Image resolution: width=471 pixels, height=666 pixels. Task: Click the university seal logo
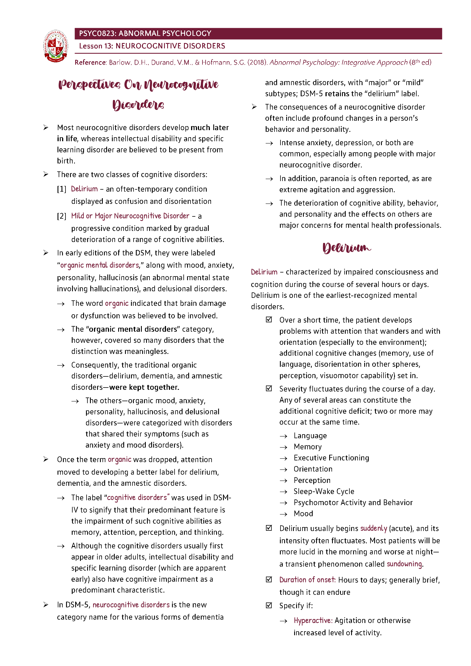click(x=56, y=46)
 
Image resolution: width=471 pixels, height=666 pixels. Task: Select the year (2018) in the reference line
click(x=257, y=63)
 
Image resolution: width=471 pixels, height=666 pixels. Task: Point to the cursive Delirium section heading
click(x=346, y=248)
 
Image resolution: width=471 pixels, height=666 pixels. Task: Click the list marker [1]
click(x=62, y=189)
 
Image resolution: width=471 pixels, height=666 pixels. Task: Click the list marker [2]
click(x=62, y=216)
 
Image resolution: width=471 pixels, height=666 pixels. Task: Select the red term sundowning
click(x=404, y=564)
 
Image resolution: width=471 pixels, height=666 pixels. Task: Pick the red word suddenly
click(x=374, y=528)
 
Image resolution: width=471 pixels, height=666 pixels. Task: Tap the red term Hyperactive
click(x=313, y=620)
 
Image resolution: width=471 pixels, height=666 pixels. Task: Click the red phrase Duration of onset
click(x=308, y=580)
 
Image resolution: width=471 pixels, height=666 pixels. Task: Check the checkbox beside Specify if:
click(x=269, y=605)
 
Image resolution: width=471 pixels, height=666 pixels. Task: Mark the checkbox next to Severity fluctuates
click(x=269, y=389)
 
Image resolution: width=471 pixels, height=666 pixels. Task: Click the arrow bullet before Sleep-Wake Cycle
click(x=283, y=492)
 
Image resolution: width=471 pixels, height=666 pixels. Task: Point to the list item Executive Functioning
click(x=331, y=458)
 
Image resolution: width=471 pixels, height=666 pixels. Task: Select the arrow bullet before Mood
click(x=283, y=514)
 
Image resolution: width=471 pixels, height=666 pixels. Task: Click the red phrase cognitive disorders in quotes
click(x=137, y=498)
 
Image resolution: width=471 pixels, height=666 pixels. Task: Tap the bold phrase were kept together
click(x=144, y=387)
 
